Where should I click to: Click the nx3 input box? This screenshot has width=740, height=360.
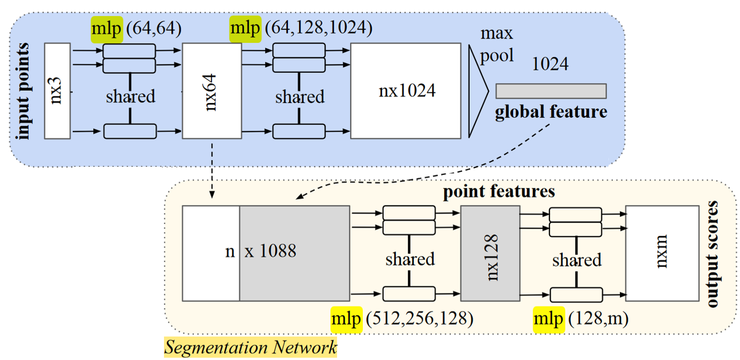pyautogui.click(x=56, y=91)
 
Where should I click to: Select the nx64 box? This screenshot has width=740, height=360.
pyautogui.click(x=211, y=91)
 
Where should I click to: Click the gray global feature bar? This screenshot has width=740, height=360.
pyautogui.click(x=551, y=91)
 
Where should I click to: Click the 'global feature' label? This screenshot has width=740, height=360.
pyautogui.click(x=551, y=112)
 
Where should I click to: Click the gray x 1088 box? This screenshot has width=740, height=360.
pyautogui.click(x=295, y=253)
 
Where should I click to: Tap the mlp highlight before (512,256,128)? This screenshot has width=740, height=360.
pyautogui.click(x=346, y=319)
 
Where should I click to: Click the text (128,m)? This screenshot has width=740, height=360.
pyautogui.click(x=596, y=319)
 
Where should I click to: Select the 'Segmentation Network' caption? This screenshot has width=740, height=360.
pyautogui.click(x=251, y=347)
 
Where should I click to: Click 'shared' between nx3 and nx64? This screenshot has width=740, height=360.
pyautogui.click(x=130, y=97)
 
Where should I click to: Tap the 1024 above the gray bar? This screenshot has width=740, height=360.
pyautogui.click(x=551, y=64)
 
